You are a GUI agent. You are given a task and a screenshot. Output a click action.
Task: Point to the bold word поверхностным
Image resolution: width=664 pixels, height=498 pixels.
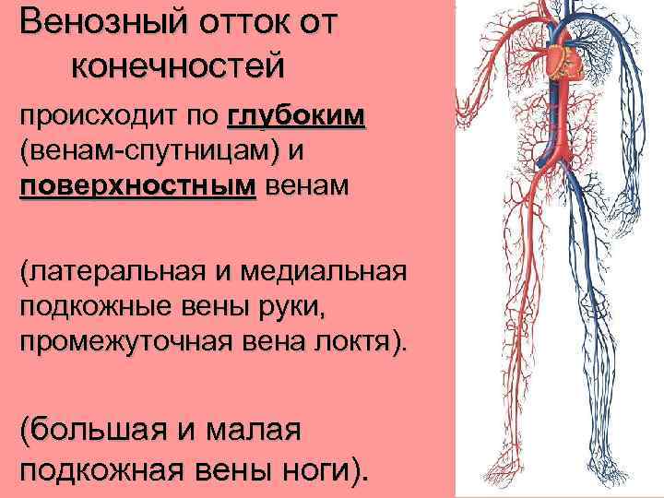pos(137,185)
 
